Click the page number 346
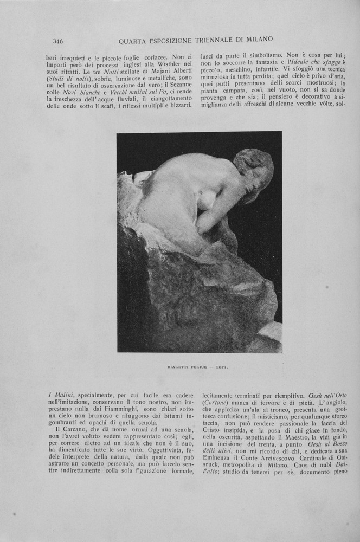click(x=58, y=41)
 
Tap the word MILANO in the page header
click(x=256, y=40)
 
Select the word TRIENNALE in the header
click(x=209, y=40)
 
